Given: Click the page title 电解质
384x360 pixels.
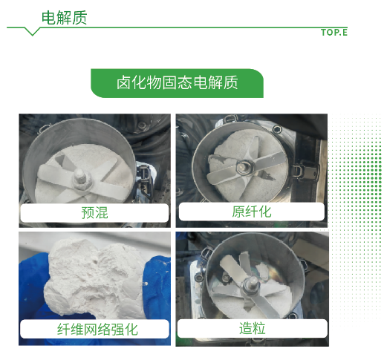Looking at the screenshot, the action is (64, 18).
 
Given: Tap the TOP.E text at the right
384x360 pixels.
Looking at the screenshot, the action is (334, 33).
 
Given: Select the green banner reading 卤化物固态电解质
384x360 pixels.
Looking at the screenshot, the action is (177, 83).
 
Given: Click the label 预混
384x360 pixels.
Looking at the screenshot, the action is (94, 212).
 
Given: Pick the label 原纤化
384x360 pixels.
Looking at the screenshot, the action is (252, 212).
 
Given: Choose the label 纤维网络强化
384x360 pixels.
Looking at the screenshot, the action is (97, 330).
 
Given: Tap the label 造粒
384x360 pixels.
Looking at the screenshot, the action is (253, 328).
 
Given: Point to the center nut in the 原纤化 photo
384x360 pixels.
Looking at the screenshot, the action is (244, 168).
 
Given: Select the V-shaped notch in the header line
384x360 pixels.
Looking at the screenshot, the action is (32, 32).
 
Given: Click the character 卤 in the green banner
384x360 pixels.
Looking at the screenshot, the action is (123, 82).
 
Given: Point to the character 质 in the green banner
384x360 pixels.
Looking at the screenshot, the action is (230, 82).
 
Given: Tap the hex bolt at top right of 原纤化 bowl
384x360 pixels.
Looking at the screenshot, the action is (276, 129).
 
